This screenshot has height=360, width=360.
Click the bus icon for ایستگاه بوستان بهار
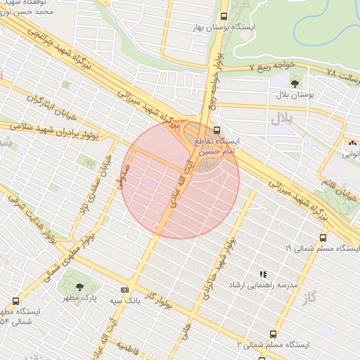point(224,16)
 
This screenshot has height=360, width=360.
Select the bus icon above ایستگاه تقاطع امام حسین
point(216,130)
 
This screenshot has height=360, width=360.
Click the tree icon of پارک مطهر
point(79,287)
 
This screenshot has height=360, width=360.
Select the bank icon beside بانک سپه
point(124,289)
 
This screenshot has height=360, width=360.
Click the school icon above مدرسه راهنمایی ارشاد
point(263,274)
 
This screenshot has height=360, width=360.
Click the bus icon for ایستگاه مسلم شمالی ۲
point(273,335)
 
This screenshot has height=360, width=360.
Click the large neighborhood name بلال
point(281,119)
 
